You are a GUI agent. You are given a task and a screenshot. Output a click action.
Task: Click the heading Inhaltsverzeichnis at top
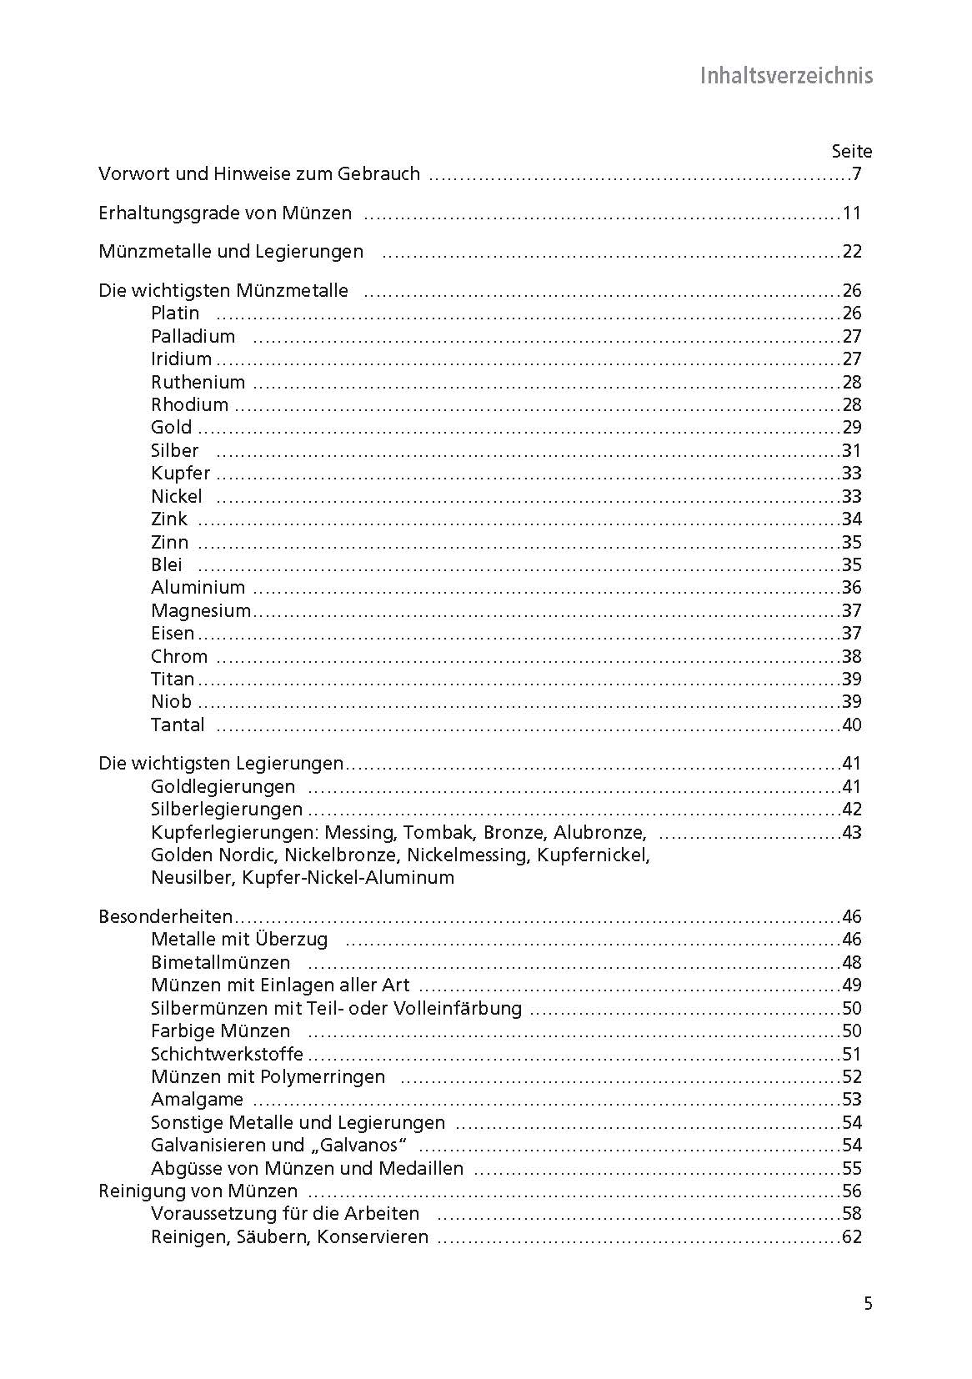pyautogui.click(x=785, y=76)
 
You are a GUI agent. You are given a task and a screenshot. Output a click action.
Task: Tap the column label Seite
pyautogui.click(x=851, y=152)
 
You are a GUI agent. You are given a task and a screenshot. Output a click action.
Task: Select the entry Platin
pyautogui.click(x=175, y=313)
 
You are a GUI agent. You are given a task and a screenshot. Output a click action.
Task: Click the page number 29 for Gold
pyautogui.click(x=851, y=428)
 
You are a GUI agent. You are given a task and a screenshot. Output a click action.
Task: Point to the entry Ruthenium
pyautogui.click(x=198, y=383)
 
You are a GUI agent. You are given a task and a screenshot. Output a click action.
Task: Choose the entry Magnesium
pyautogui.click(x=200, y=610)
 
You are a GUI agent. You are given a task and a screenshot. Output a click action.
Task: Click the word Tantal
pyautogui.click(x=178, y=725)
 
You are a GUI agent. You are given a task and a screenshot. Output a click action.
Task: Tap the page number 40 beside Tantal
pyautogui.click(x=851, y=725)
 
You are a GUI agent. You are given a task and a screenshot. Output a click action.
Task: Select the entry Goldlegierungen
pyautogui.click(x=223, y=786)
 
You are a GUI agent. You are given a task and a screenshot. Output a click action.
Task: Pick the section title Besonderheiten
pyautogui.click(x=165, y=916)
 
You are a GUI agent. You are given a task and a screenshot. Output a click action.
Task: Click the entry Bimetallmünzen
pyautogui.click(x=220, y=962)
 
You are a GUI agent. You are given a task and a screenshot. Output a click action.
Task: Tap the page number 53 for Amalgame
pyautogui.click(x=851, y=1099)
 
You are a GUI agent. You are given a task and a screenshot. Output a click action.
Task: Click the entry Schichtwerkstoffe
pyautogui.click(x=227, y=1054)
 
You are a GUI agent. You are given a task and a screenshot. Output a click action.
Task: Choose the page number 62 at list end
pyautogui.click(x=851, y=1236)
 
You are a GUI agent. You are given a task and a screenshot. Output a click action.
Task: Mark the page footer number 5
pyautogui.click(x=868, y=1303)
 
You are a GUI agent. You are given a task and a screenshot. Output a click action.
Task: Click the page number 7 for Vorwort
pyautogui.click(x=855, y=174)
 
